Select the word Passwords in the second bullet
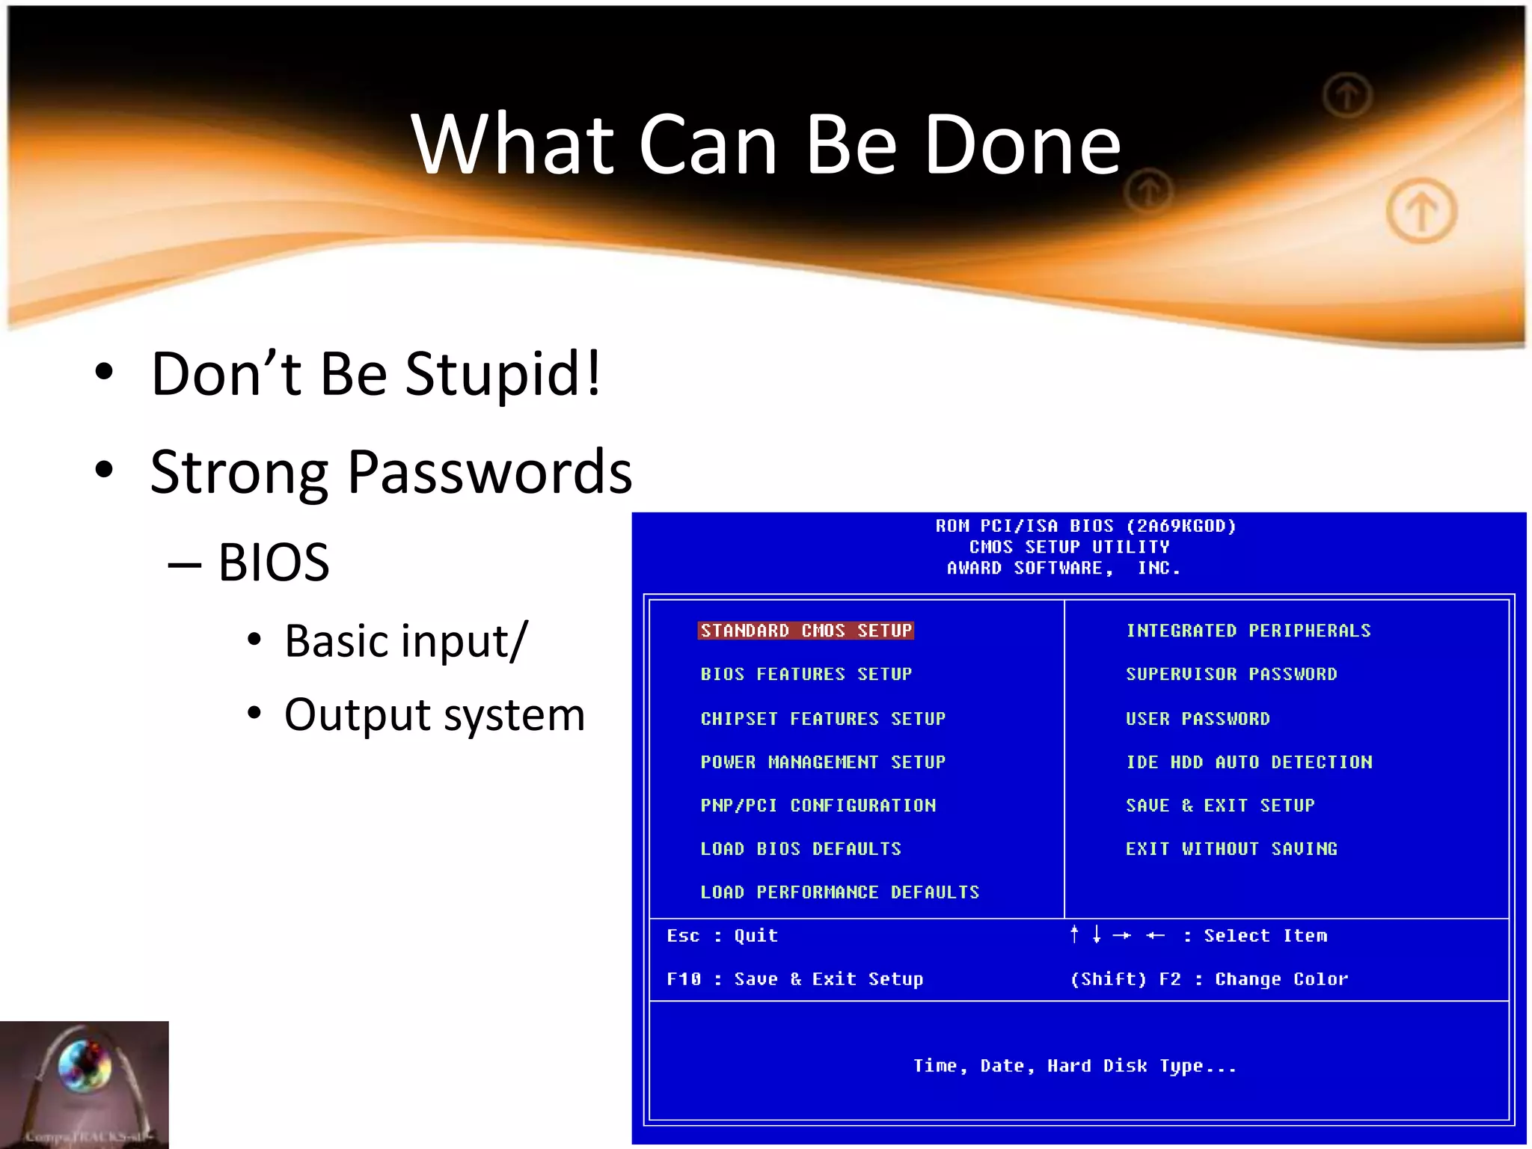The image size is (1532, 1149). click(x=490, y=472)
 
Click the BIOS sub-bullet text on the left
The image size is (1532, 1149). click(x=273, y=562)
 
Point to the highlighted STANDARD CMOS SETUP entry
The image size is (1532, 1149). click(x=806, y=631)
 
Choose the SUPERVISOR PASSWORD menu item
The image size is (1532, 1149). click(x=1231, y=674)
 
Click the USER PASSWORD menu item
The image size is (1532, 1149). click(x=1197, y=719)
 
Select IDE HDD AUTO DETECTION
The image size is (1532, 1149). click(x=1248, y=762)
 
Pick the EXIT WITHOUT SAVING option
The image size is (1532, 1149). click(x=1231, y=849)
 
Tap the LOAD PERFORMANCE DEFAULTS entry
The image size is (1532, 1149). click(x=839, y=892)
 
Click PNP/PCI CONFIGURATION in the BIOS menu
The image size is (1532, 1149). click(x=818, y=806)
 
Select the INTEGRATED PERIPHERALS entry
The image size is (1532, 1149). click(x=1248, y=631)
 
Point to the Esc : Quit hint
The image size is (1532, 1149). click(x=722, y=936)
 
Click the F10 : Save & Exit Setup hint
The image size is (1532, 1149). click(x=794, y=979)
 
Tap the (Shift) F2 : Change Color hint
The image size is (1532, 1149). click(x=1208, y=979)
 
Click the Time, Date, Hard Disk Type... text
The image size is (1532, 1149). click(x=1074, y=1066)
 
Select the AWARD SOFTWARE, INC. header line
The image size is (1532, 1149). click(x=1063, y=569)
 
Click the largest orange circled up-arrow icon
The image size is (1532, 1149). click(x=1421, y=212)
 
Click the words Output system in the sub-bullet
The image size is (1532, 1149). click(x=434, y=714)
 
